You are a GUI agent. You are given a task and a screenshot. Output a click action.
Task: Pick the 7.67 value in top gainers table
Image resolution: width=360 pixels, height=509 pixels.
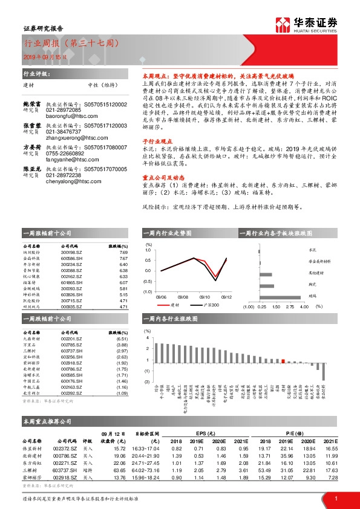123,258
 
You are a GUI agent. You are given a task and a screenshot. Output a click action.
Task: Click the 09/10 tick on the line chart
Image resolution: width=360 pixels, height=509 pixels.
205,297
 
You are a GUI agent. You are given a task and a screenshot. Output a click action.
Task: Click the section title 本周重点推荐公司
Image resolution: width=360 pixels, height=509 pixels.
47,420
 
